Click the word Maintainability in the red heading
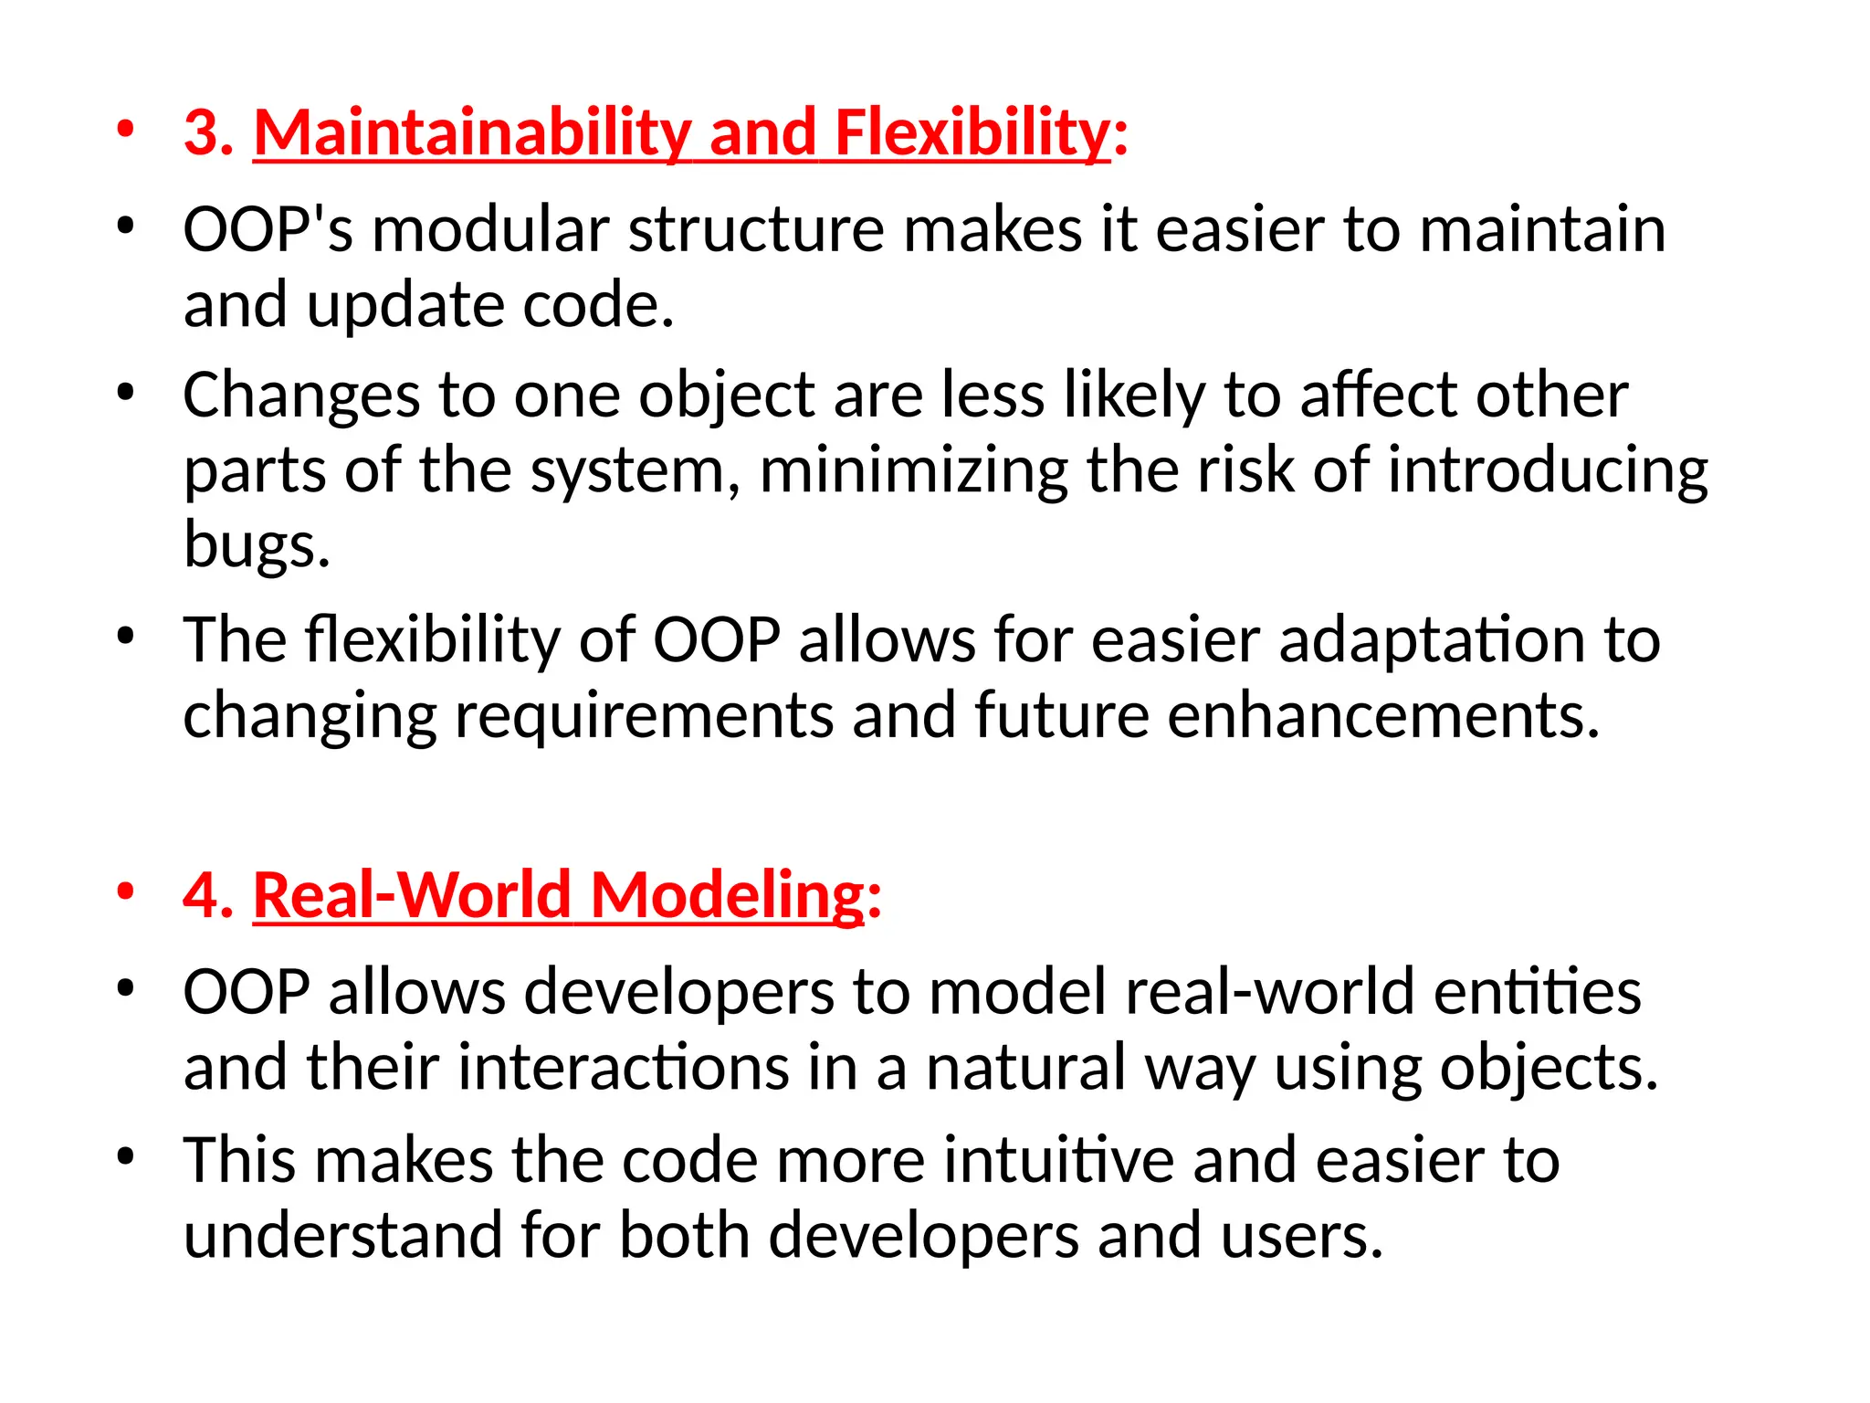coord(471,133)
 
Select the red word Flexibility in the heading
coord(972,133)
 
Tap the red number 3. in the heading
coord(209,133)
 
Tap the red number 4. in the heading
coord(209,895)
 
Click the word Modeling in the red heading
coord(728,895)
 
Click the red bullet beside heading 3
coord(126,130)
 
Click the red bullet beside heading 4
coord(126,891)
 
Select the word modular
coord(490,229)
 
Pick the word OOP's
coord(268,229)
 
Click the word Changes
coord(301,396)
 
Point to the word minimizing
coord(913,471)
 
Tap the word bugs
coord(257,546)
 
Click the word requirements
coord(644,715)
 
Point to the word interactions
coord(623,1068)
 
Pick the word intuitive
coord(1058,1160)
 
